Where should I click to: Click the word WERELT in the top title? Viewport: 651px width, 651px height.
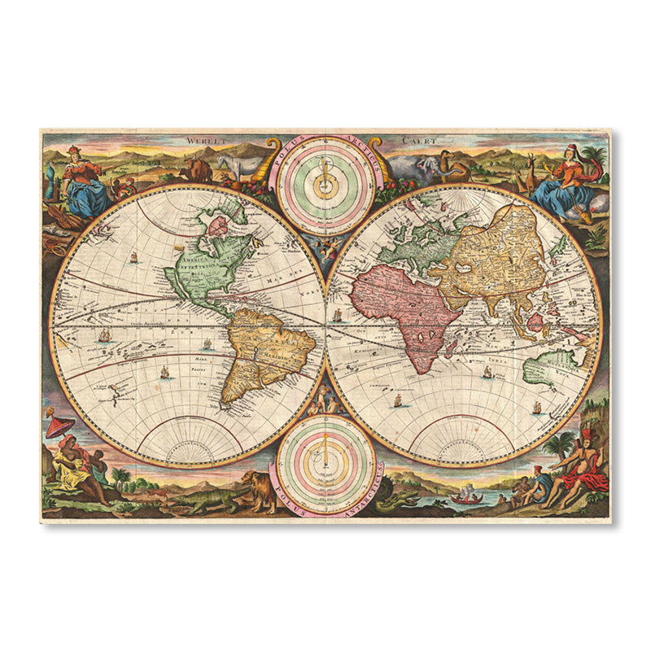[201, 141]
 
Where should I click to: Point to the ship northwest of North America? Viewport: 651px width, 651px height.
[133, 257]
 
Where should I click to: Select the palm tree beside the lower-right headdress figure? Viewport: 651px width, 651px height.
[562, 443]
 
